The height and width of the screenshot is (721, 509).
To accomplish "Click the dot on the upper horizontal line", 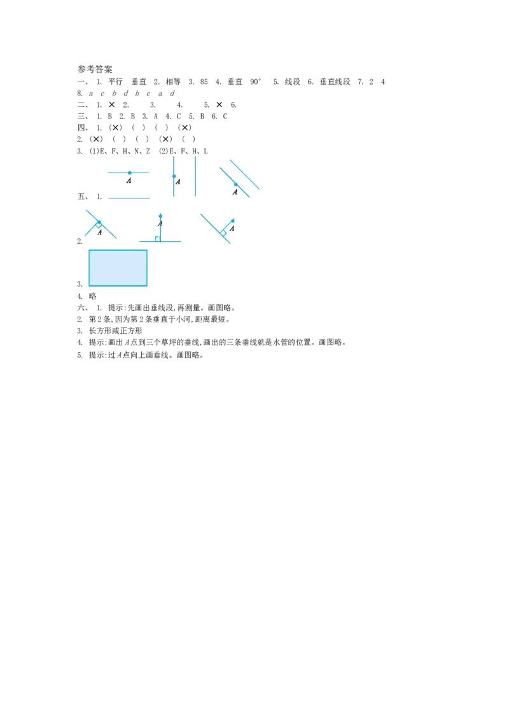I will pos(130,173).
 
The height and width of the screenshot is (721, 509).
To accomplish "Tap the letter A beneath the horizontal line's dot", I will pos(129,181).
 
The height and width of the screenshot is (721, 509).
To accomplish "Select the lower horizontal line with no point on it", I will pos(129,198).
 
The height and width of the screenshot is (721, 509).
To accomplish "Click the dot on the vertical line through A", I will pos(174,176).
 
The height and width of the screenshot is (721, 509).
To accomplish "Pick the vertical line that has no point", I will pos(195,176).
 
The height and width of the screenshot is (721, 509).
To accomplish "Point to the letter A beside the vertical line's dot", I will pos(178,182).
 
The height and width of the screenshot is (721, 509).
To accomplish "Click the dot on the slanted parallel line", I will pos(236,184).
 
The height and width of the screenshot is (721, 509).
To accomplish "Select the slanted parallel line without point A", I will pos(245,175).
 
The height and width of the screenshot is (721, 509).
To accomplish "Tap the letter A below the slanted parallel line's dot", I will pos(235,192).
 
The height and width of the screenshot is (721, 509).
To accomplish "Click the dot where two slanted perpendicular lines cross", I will pos(99,222).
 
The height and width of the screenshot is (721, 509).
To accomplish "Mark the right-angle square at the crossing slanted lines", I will pos(99,225).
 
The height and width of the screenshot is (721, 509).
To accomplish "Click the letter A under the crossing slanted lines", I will pos(99,232).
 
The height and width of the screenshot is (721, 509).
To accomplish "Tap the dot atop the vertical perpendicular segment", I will pos(160,216).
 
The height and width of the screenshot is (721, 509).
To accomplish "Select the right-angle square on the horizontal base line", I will pos(158,239).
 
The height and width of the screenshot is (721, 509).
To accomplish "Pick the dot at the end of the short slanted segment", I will pos(233,221).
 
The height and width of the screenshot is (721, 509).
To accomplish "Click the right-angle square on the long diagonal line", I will pos(223,233).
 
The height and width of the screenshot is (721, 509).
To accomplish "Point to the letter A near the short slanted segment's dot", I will pos(232,229).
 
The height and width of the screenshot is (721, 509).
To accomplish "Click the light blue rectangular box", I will pos(118,268).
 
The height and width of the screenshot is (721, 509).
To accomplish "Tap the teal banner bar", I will pos(328,269).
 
